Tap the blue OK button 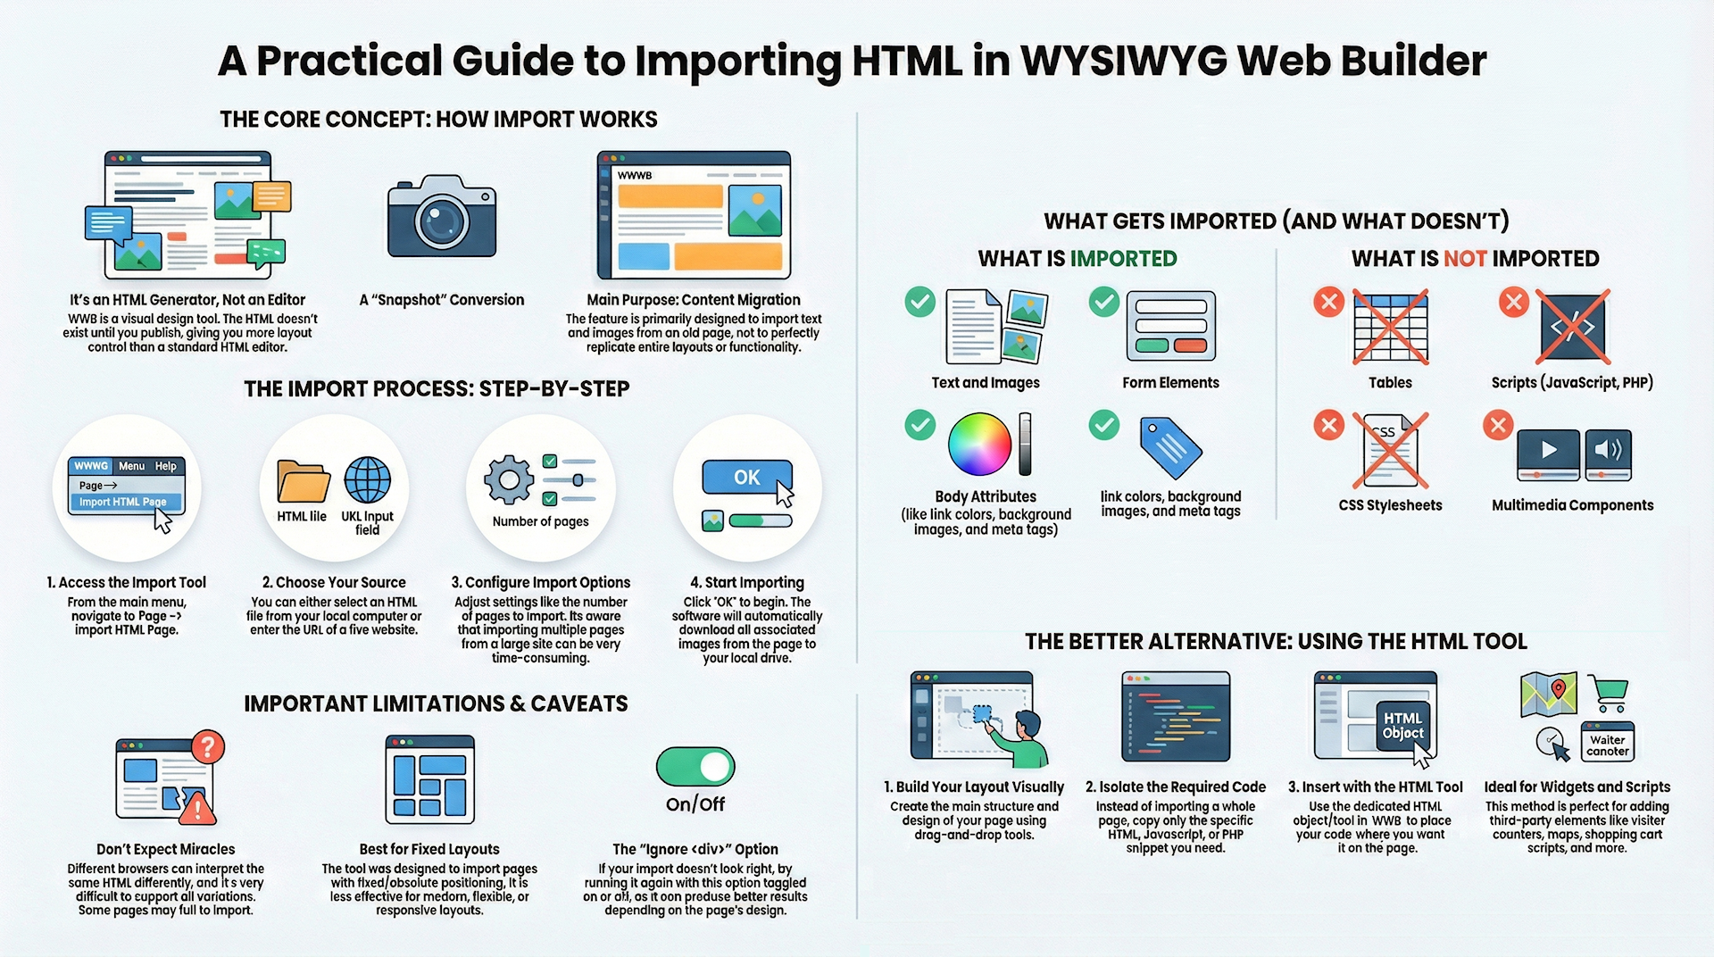[x=747, y=478]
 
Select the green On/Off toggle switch [x=695, y=767]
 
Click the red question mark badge [x=208, y=746]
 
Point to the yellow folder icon [x=303, y=482]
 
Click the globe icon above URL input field [x=368, y=480]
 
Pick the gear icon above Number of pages [x=509, y=479]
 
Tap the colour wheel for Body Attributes [x=979, y=444]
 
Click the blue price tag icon [x=1171, y=446]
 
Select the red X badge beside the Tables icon [x=1329, y=302]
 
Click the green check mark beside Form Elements [x=1104, y=302]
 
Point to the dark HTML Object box [x=1402, y=726]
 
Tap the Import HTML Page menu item [x=123, y=502]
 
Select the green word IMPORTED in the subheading [x=1123, y=259]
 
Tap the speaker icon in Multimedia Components [x=1609, y=450]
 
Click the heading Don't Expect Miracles [x=166, y=849]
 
